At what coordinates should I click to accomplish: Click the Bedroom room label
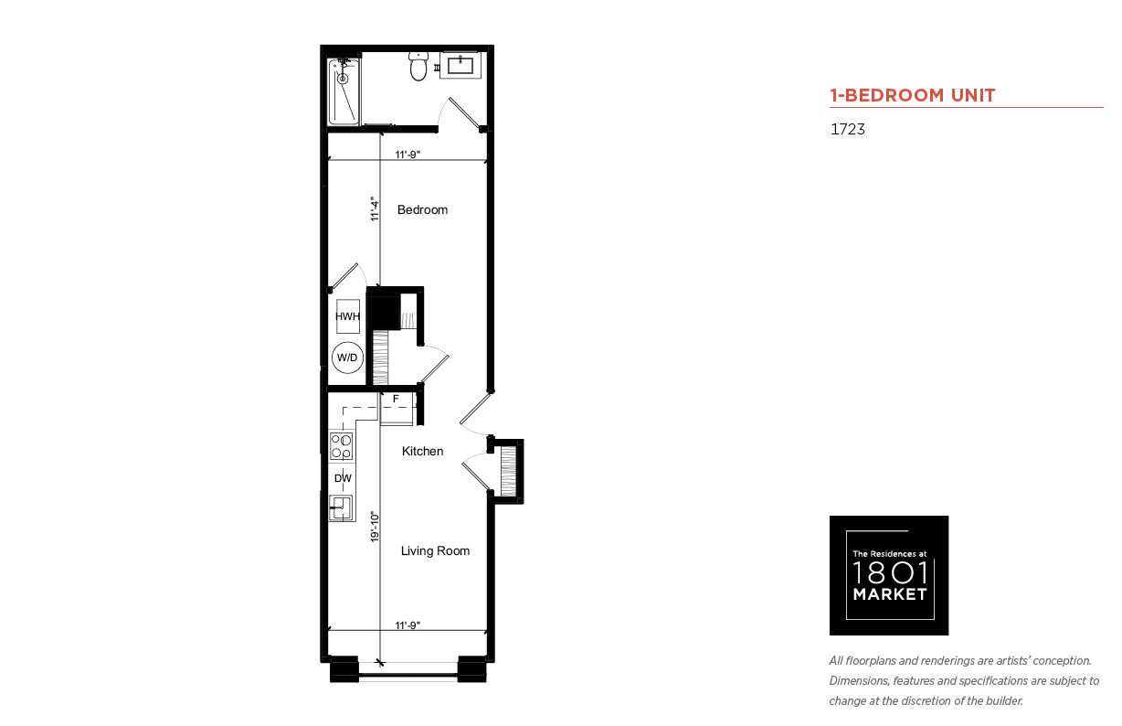422,209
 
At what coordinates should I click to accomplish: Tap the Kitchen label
422,452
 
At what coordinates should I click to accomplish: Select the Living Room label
435,551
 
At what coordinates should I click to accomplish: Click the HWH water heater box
347,316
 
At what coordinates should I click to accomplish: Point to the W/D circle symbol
347,358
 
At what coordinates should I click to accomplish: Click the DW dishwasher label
344,478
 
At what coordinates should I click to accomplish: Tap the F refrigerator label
396,399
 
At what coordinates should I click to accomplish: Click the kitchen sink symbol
341,507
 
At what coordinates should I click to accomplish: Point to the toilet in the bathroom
418,66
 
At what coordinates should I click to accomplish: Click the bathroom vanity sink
460,65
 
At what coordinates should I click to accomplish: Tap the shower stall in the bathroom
344,92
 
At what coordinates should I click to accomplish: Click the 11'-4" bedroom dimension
375,209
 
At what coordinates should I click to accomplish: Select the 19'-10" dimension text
375,527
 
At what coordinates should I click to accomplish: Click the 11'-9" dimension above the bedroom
408,155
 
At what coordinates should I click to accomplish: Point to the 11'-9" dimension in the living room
408,625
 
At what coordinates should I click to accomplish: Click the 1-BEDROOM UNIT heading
913,95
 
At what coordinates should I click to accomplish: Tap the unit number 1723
848,129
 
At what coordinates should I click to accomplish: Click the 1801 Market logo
889,575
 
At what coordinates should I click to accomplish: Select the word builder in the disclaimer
1004,701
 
